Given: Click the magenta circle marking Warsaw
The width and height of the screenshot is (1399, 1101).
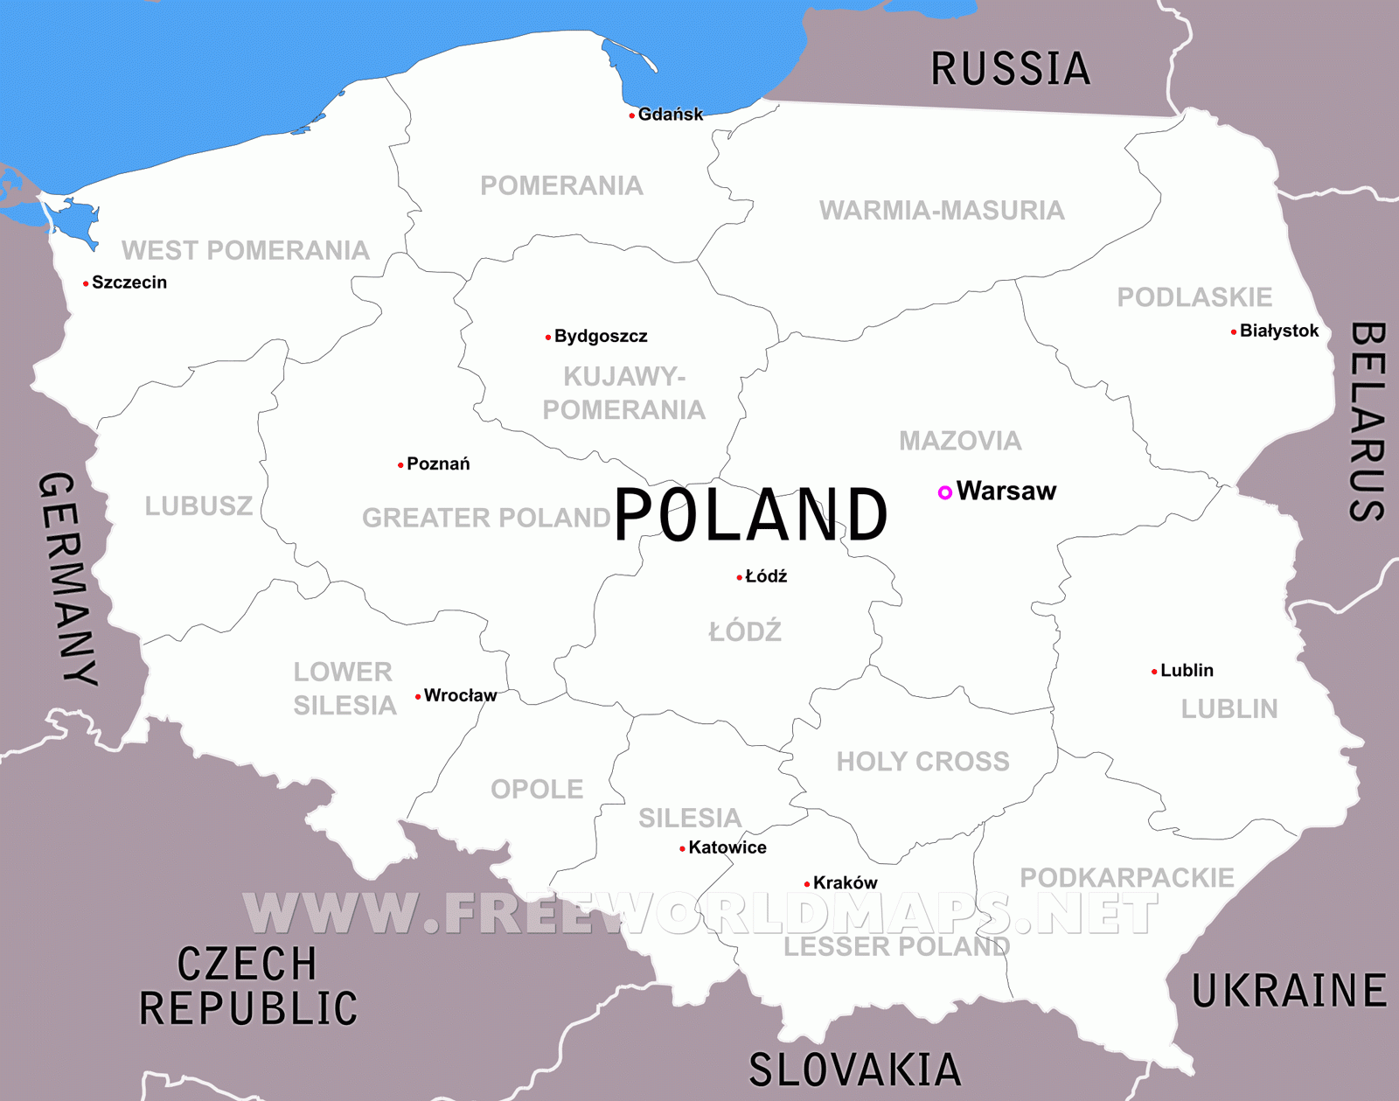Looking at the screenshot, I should pyautogui.click(x=944, y=492).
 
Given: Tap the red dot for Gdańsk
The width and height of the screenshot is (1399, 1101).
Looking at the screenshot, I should pyautogui.click(x=632, y=115).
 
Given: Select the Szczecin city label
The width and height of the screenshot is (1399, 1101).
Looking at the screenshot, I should pyautogui.click(x=129, y=282).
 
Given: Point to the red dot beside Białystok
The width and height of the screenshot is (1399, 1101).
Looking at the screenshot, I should pyautogui.click(x=1234, y=331).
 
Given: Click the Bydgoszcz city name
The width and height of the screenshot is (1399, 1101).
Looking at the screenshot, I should pyautogui.click(x=601, y=336).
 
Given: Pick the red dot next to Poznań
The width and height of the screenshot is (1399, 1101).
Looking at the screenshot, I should pyautogui.click(x=400, y=465).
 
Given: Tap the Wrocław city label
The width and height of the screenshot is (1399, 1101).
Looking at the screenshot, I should pyautogui.click(x=460, y=695).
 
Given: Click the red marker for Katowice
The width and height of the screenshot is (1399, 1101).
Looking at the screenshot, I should pyautogui.click(x=682, y=848).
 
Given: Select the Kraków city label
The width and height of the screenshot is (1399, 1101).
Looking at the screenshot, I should pyautogui.click(x=845, y=883).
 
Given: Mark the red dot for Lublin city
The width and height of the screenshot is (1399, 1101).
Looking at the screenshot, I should pyautogui.click(x=1154, y=672).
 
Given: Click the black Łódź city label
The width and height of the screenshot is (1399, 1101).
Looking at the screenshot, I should pyautogui.click(x=766, y=576).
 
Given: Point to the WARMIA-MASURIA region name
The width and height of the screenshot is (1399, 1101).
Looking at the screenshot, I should pyautogui.click(x=942, y=211).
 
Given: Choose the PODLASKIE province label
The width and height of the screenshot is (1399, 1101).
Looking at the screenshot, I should pyautogui.click(x=1194, y=297).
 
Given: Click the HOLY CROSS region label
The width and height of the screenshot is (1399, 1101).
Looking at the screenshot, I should pyautogui.click(x=922, y=762).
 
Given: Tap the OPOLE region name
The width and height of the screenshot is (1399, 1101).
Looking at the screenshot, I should pyautogui.click(x=537, y=790).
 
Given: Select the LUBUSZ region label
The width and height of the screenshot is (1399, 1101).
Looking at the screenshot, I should pyautogui.click(x=198, y=506).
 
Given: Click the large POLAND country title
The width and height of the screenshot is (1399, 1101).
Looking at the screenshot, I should pyautogui.click(x=751, y=515).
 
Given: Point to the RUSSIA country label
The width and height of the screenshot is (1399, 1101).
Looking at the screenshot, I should pyautogui.click(x=1011, y=69).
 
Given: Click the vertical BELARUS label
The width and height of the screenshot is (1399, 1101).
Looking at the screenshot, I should pyautogui.click(x=1367, y=422).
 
